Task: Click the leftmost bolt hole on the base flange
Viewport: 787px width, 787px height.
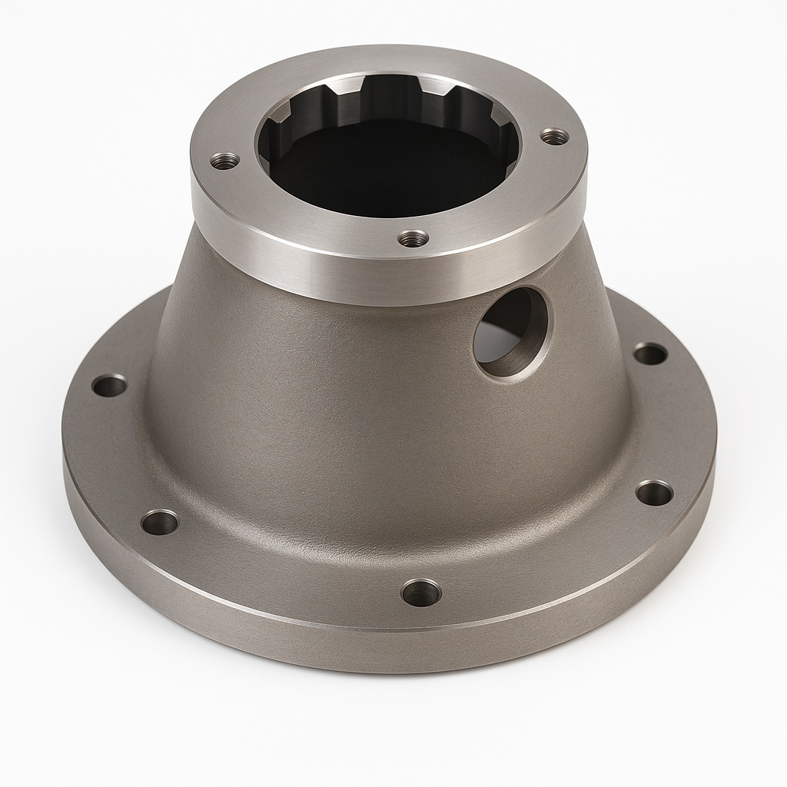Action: click(x=109, y=385)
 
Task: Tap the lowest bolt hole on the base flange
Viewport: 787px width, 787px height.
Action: click(x=421, y=592)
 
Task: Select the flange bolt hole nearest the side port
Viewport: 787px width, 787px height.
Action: click(x=650, y=354)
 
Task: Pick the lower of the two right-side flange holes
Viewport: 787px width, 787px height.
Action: click(x=654, y=493)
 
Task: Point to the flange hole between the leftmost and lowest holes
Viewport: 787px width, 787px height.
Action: click(x=160, y=523)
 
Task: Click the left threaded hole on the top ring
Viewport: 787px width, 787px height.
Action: click(x=224, y=161)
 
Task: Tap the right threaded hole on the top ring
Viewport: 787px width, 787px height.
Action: click(x=554, y=137)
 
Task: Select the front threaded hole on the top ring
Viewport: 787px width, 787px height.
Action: click(x=413, y=238)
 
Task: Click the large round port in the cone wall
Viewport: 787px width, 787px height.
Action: click(x=510, y=332)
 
